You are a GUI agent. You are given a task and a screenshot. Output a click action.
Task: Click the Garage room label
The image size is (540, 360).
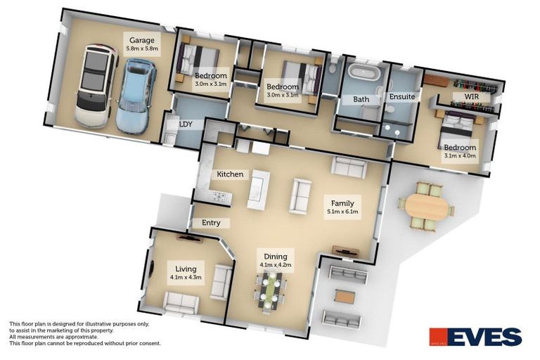click(x=142, y=40)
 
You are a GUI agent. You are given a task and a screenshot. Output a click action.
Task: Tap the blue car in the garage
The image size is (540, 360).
click(x=135, y=96)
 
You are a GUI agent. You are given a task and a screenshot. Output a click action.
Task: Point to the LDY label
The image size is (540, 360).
click(x=186, y=124)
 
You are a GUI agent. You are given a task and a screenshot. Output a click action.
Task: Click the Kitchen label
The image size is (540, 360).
click(x=230, y=174)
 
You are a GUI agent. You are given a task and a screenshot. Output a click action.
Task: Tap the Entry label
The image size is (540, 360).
click(x=211, y=223)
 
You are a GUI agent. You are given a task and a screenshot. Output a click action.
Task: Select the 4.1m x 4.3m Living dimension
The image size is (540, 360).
click(x=186, y=277)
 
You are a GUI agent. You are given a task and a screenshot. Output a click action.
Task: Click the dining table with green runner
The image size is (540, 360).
click(x=270, y=290)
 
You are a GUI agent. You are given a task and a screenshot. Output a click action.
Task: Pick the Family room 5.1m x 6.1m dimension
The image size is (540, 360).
click(x=342, y=212)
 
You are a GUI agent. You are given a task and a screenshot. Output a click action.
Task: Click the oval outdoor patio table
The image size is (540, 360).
click(x=427, y=207)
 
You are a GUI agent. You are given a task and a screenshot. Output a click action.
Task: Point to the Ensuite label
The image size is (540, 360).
click(x=402, y=97)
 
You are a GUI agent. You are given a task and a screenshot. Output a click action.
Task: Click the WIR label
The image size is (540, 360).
click(x=472, y=96)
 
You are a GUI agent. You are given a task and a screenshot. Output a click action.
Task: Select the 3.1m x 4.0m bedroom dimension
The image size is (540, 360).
click(x=460, y=155)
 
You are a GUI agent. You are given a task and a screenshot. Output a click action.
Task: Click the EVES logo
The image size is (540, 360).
click(x=475, y=337)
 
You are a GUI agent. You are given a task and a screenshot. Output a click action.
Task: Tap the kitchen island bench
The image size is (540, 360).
click(x=259, y=189)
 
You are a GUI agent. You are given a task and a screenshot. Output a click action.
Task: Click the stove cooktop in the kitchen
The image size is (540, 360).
click(x=220, y=197)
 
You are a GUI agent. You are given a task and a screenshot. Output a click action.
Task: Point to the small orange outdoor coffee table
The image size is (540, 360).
click(x=345, y=297)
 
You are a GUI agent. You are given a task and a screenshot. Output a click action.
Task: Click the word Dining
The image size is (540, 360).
click(x=276, y=257)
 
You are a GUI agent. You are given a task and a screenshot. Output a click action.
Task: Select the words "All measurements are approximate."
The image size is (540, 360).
click(x=53, y=337)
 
